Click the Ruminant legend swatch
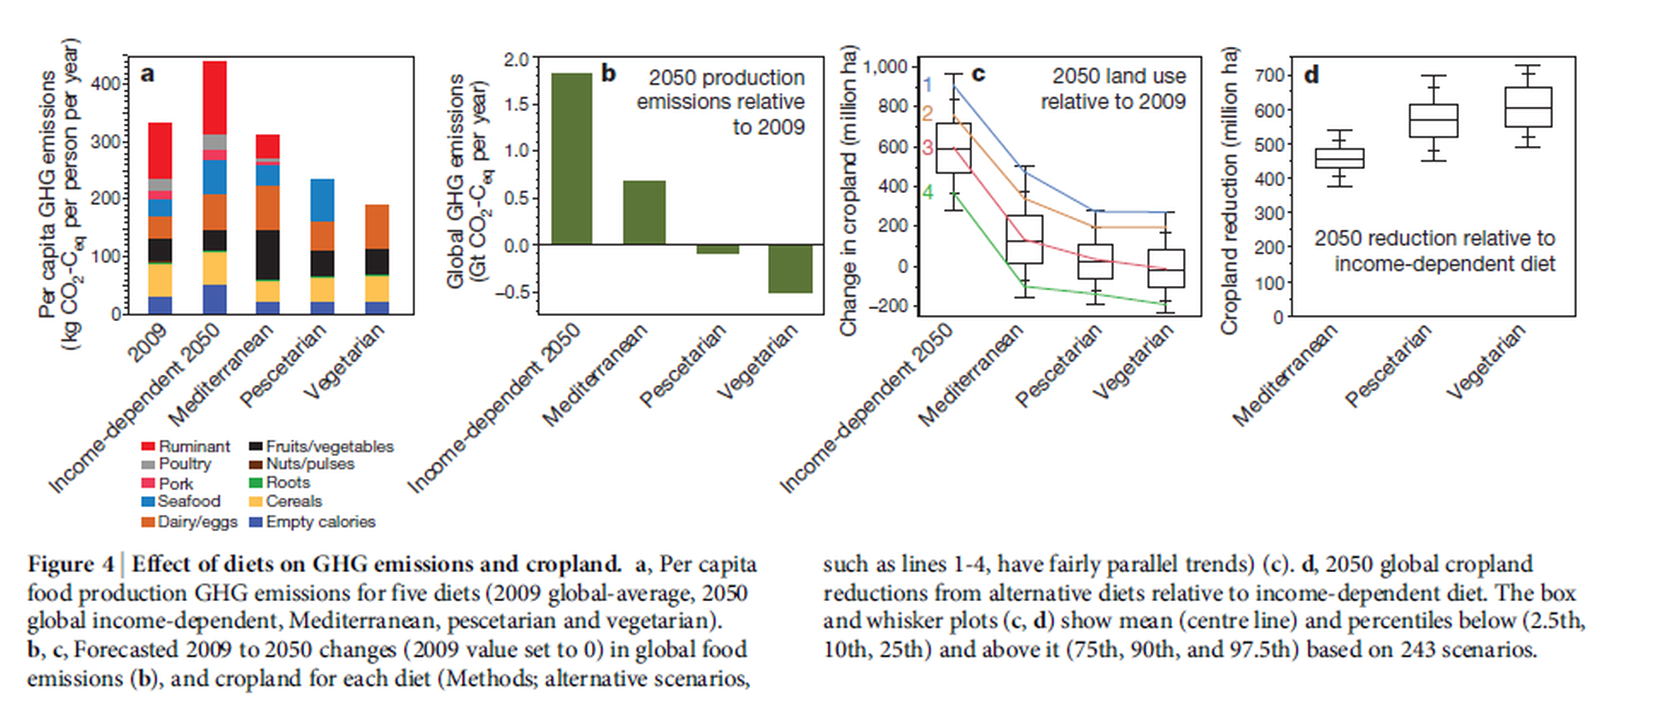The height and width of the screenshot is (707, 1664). point(148,447)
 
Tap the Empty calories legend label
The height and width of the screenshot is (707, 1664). point(319,522)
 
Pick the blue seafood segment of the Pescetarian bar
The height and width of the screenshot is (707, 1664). point(321,200)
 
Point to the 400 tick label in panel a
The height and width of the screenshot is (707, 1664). point(106,84)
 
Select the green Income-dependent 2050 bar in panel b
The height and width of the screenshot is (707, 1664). point(571,159)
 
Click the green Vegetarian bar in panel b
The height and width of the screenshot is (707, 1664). point(789,269)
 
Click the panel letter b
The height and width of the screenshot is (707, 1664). point(608,73)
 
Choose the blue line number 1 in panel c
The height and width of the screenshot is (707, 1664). point(928,85)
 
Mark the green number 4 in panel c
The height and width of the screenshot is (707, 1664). point(928,192)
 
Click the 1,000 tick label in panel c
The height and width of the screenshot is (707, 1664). point(886,67)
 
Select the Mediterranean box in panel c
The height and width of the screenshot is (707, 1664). point(1024,239)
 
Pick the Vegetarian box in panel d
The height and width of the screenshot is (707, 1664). point(1528,107)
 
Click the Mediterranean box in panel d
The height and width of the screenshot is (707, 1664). point(1339,159)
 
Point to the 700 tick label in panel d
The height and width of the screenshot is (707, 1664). point(1270,75)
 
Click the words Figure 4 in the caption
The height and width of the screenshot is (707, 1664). point(70,564)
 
